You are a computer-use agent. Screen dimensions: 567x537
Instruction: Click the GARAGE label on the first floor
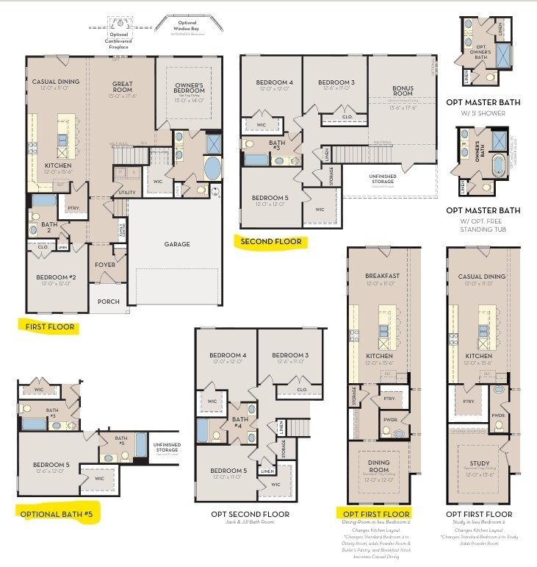tap(176, 244)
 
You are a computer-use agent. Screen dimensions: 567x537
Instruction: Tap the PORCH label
tap(109, 301)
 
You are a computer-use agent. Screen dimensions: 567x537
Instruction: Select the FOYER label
tap(106, 266)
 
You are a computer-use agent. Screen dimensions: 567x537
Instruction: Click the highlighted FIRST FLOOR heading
tap(49, 327)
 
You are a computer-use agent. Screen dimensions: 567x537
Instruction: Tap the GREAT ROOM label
tap(122, 88)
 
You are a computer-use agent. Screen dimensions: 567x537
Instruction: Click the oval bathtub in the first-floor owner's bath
tap(212, 168)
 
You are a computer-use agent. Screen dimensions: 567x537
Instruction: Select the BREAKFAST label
tap(382, 277)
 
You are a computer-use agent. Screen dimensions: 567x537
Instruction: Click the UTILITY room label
tap(126, 193)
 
